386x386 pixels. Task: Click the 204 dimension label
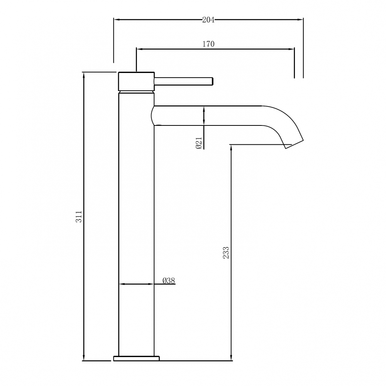208,20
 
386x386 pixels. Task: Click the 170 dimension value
208,44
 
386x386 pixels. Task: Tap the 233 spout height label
226,252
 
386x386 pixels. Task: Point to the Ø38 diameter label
169,281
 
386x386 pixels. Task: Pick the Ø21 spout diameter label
198,144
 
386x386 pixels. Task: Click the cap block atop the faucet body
136,81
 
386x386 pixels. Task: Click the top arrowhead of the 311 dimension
84,75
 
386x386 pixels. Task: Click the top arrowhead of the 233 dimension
231,147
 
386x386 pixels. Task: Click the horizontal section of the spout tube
208,115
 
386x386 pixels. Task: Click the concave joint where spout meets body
152,115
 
